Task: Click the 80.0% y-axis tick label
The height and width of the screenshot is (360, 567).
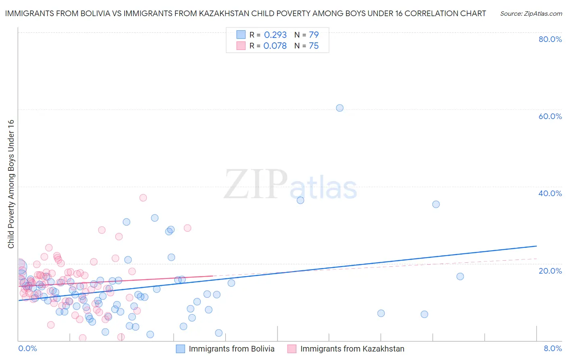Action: tap(550, 39)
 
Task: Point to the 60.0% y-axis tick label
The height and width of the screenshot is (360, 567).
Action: tap(550, 116)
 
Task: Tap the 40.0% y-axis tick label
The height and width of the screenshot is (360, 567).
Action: tap(550, 193)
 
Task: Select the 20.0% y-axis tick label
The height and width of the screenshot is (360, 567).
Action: tap(550, 270)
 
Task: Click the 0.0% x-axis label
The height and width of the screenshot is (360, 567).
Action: tap(27, 348)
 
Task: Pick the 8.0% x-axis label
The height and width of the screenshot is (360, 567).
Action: tap(552, 348)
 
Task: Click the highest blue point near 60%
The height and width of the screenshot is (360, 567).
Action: tap(340, 108)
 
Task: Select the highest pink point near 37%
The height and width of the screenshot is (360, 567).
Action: tap(143, 198)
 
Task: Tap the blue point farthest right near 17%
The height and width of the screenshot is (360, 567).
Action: tap(460, 276)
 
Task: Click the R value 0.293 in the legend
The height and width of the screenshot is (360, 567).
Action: tap(275, 35)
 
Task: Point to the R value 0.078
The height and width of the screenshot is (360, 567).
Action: tap(275, 46)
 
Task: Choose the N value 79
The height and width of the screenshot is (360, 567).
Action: tap(314, 35)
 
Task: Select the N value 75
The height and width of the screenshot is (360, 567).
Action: tap(314, 46)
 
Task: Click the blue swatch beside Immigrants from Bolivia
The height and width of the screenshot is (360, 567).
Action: tap(180, 349)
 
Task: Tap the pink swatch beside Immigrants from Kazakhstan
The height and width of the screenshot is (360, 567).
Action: tap(292, 349)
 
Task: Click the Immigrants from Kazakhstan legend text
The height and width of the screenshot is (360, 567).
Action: tap(352, 349)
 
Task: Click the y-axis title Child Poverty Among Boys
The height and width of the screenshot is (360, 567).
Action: tap(11, 184)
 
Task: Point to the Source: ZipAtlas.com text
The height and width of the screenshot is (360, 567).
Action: tap(531, 14)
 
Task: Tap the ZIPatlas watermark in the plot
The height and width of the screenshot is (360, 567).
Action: tap(290, 185)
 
